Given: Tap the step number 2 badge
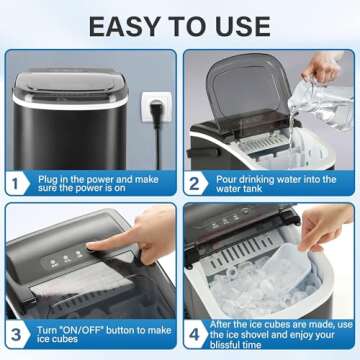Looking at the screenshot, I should (x=195, y=183).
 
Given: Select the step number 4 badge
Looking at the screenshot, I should (x=195, y=331).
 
